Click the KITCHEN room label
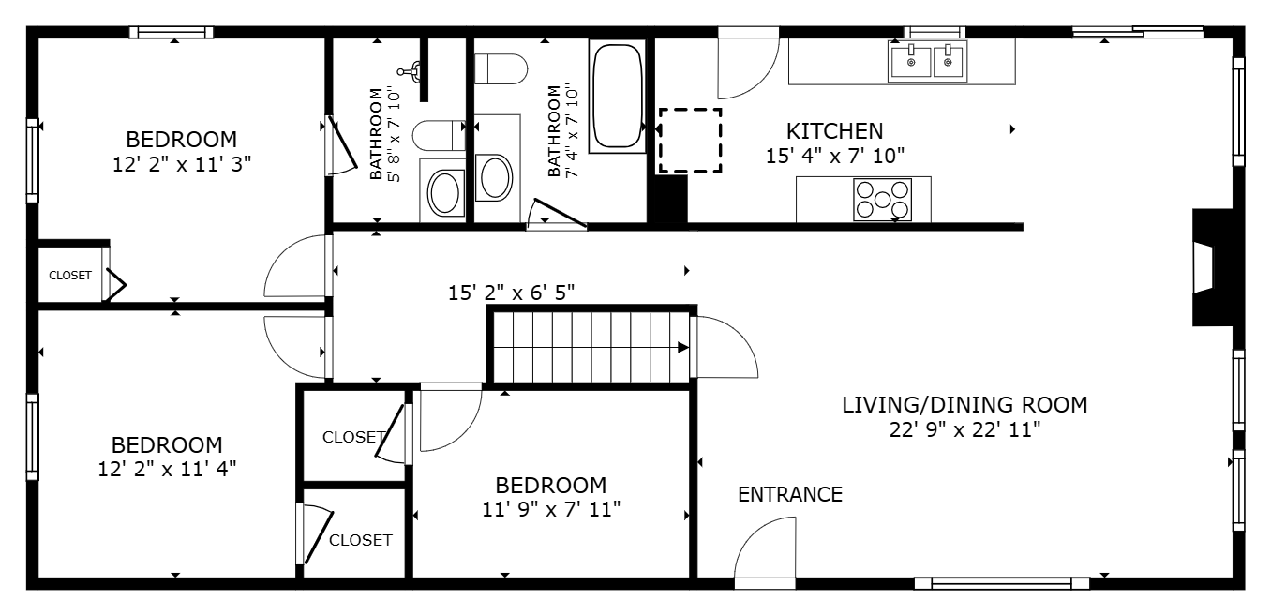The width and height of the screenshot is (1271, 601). (x=834, y=131)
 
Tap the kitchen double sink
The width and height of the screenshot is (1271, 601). (x=927, y=61)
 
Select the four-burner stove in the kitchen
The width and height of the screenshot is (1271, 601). (x=882, y=200)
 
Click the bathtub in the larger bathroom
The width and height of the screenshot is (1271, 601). (x=618, y=96)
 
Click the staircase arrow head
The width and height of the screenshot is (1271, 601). (x=683, y=348)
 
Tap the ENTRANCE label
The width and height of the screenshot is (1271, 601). (x=790, y=495)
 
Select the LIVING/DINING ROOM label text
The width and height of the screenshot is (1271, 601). (x=964, y=405)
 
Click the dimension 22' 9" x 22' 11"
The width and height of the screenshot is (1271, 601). (x=964, y=429)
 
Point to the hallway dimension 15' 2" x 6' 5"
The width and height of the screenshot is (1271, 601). (x=511, y=293)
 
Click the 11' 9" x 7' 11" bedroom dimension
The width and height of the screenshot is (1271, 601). (x=551, y=510)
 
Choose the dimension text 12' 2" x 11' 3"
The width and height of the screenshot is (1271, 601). (x=182, y=165)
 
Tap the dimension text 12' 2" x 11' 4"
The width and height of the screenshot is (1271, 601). (x=167, y=470)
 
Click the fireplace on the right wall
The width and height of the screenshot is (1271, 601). (x=1213, y=267)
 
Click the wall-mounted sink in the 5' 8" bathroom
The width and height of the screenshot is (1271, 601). (x=411, y=70)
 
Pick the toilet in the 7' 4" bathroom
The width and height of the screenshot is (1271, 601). (x=501, y=69)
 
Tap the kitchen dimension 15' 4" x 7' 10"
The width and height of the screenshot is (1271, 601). (x=834, y=156)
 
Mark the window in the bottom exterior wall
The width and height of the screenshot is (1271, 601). (x=1001, y=583)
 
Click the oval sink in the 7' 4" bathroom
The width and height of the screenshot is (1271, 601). (x=495, y=177)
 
